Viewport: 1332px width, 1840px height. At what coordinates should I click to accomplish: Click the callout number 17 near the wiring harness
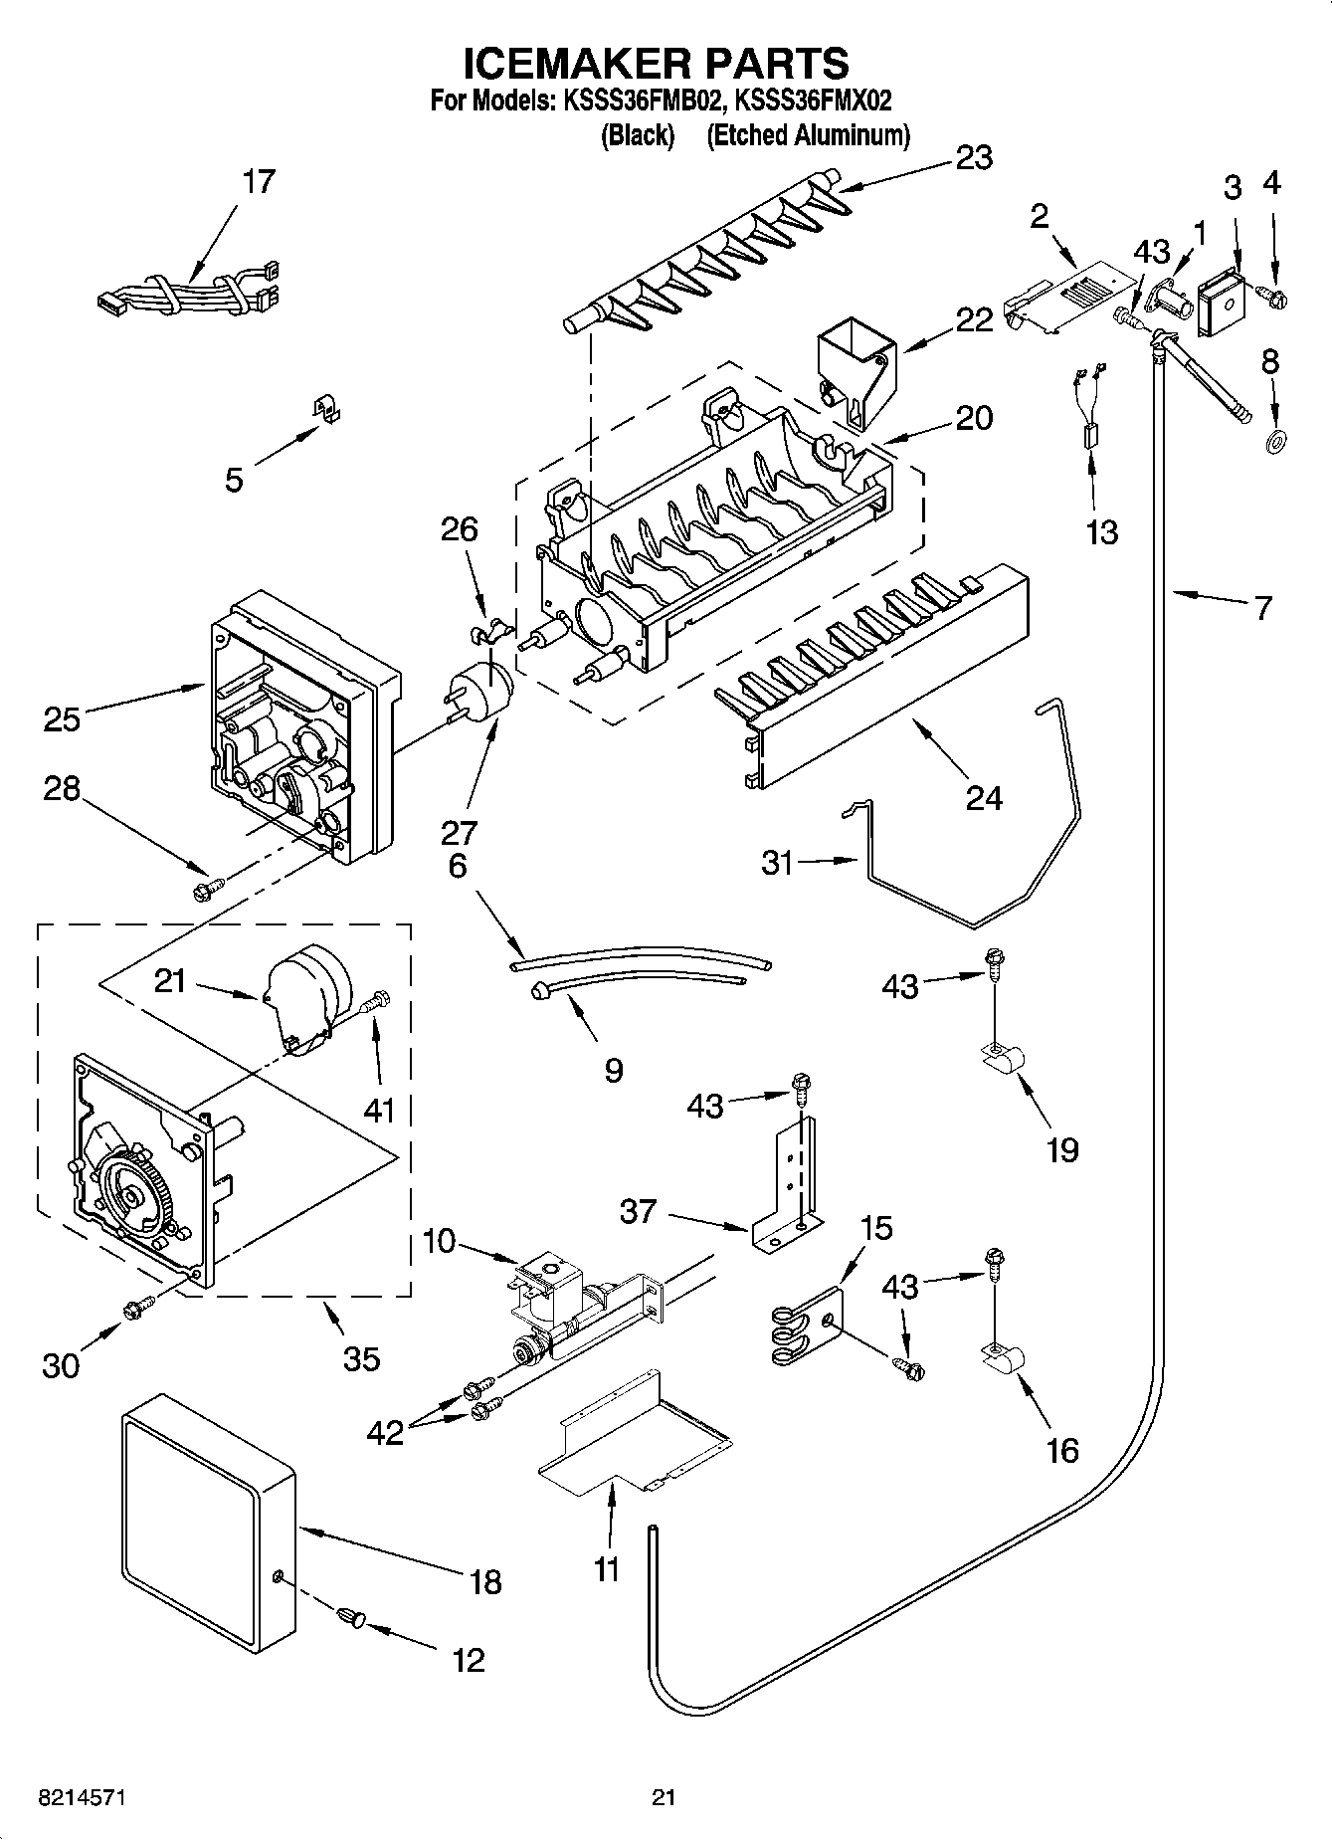click(x=258, y=182)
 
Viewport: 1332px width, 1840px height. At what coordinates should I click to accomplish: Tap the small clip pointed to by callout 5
click(x=321, y=409)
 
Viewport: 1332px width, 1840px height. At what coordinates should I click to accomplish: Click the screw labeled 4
click(x=1273, y=295)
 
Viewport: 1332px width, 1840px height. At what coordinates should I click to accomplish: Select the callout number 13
click(x=1101, y=532)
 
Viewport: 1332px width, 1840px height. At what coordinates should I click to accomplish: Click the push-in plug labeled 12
click(x=354, y=1617)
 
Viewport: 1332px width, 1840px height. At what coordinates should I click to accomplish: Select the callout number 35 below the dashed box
click(x=361, y=1358)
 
